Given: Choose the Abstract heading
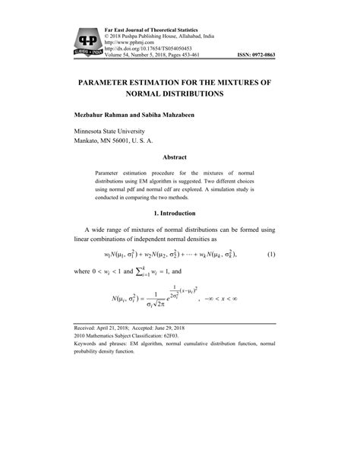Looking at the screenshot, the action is click(x=179, y=157).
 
